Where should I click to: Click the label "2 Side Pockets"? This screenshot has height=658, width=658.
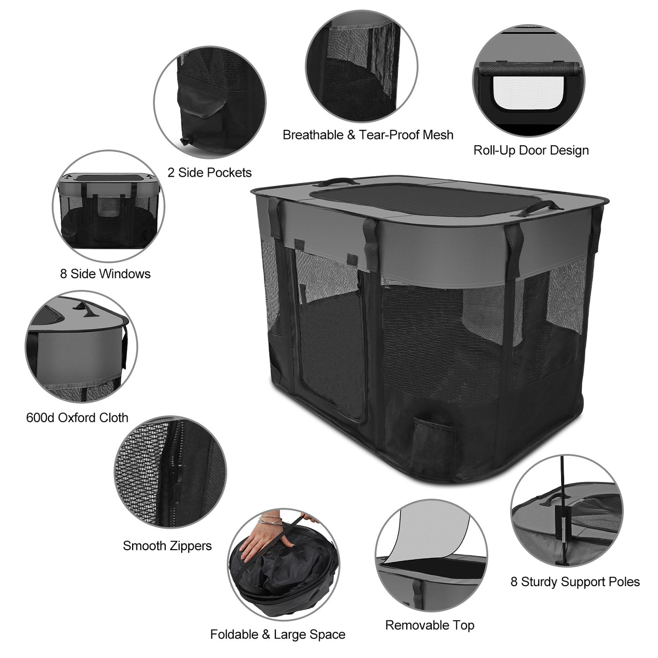pyautogui.click(x=209, y=173)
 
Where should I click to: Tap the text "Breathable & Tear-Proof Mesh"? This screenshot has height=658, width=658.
pyautogui.click(x=368, y=135)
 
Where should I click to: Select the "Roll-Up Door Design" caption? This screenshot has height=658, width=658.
pyautogui.click(x=531, y=150)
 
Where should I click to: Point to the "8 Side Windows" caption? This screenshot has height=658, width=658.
pyautogui.click(x=105, y=274)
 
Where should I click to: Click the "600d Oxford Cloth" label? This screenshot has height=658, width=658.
pyautogui.click(x=77, y=418)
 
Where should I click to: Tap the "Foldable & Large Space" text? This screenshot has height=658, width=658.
pyautogui.click(x=278, y=634)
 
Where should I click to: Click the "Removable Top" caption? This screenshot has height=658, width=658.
pyautogui.click(x=429, y=625)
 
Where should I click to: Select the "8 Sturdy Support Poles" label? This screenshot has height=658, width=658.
pyautogui.click(x=575, y=582)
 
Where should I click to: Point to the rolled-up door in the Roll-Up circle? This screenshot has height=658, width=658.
pyautogui.click(x=530, y=68)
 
